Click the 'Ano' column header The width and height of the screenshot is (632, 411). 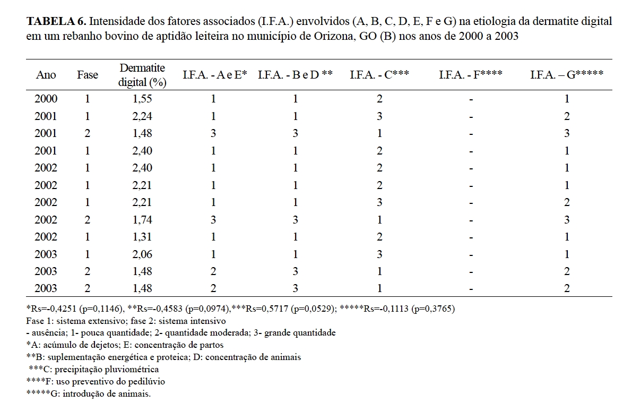click(x=46, y=75)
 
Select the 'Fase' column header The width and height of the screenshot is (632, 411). click(x=88, y=75)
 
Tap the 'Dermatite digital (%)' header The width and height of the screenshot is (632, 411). click(x=142, y=75)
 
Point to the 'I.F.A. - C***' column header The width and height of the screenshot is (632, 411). click(x=379, y=75)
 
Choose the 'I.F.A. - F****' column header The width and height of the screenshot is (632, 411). click(x=471, y=75)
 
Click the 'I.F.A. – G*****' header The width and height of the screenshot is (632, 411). click(x=566, y=75)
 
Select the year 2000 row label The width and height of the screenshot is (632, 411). click(x=46, y=99)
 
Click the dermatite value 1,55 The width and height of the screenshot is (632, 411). click(x=142, y=99)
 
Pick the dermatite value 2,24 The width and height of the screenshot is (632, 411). click(x=142, y=116)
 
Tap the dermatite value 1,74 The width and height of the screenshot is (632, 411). click(x=142, y=220)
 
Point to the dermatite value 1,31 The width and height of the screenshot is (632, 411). click(x=142, y=237)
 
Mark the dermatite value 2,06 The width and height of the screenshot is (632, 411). click(x=142, y=254)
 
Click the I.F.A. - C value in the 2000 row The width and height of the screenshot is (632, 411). click(x=379, y=99)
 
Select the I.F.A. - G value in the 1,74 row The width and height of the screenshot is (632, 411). click(x=567, y=220)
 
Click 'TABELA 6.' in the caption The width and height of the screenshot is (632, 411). click(x=57, y=22)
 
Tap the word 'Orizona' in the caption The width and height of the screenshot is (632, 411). click(x=329, y=38)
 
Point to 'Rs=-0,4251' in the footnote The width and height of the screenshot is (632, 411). click(x=52, y=309)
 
